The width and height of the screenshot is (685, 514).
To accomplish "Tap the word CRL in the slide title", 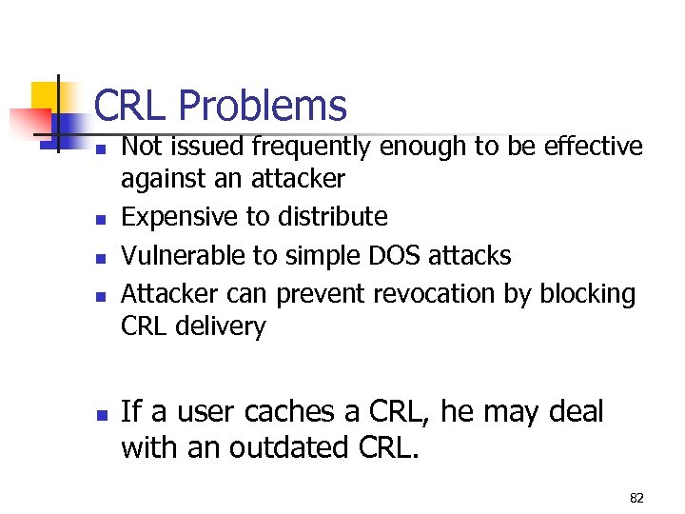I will [132, 106].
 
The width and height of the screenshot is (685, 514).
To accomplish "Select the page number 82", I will [636, 497].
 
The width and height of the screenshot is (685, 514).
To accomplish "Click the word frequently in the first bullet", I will [305, 147].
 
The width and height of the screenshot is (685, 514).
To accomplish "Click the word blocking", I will [587, 294].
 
